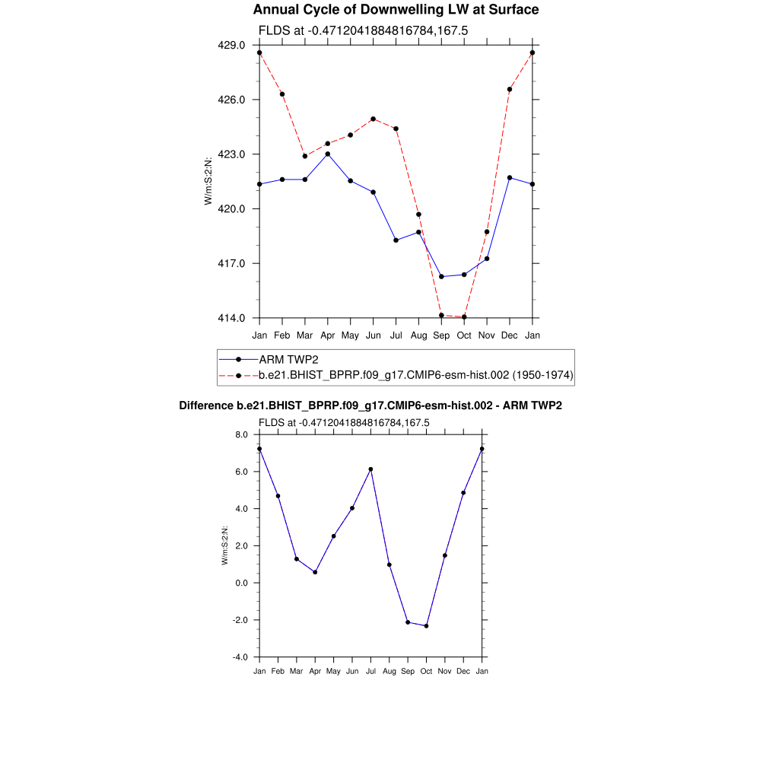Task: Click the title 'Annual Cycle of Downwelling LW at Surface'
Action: coord(396,10)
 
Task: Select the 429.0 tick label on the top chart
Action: coord(231,46)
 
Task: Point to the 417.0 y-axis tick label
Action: coord(231,264)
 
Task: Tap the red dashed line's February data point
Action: coord(282,94)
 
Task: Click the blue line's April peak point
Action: coord(328,154)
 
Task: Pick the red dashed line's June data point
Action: coord(374,119)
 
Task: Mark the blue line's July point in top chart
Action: coord(396,240)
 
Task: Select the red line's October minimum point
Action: coord(464,317)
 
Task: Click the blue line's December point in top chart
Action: coord(510,178)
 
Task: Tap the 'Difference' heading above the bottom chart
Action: coord(370,406)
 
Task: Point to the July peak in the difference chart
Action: coord(370,469)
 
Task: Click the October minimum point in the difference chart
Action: coord(426,626)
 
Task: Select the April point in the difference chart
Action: coord(315,572)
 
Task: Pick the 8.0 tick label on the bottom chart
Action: coord(241,434)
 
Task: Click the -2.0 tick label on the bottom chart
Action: coord(240,620)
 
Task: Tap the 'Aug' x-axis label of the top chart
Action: coord(418,335)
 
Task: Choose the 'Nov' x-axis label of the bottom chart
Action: coord(444,672)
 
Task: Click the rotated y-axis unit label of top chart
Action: coord(208,181)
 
